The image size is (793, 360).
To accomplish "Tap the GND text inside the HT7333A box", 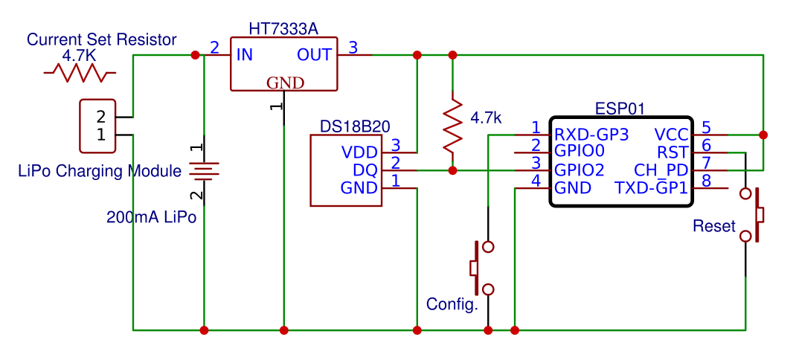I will click(x=285, y=83).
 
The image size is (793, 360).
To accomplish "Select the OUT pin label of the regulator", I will click(x=314, y=54).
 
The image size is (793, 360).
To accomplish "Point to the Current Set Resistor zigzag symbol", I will click(x=80, y=73).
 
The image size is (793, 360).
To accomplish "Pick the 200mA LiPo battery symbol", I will click(x=203, y=172).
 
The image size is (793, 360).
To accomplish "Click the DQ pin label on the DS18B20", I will click(x=367, y=170).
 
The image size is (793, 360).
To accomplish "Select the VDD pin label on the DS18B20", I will click(x=360, y=152).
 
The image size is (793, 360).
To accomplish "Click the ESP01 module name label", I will click(x=620, y=109).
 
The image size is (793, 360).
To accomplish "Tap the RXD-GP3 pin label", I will click(x=592, y=135).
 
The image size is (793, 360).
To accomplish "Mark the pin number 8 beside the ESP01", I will click(x=706, y=181).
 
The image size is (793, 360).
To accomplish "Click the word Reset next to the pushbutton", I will click(x=713, y=226).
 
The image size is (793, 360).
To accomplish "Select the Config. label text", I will click(x=452, y=304).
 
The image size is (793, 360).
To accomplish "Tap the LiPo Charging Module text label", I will click(x=100, y=171).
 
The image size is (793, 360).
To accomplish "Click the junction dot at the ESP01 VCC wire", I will click(x=763, y=135).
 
